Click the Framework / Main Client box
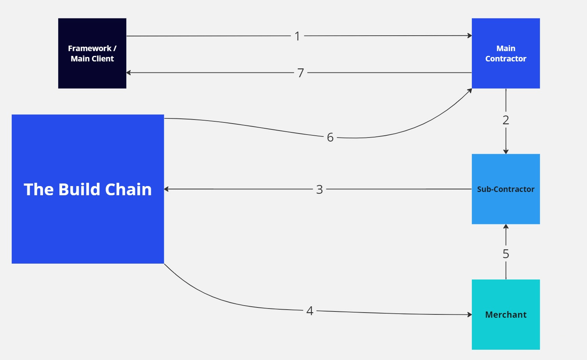tap(92, 53)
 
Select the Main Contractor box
tap(506, 53)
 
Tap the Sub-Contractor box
tap(506, 189)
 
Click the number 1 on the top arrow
tap(297, 36)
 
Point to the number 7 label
tap(301, 73)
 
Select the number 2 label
tap(506, 120)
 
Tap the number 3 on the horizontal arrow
tap(319, 189)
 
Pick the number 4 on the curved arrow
tap(310, 311)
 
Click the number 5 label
tap(506, 254)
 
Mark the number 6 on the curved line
tap(330, 137)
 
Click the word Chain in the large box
tap(128, 189)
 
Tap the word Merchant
tap(506, 315)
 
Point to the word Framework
tap(89, 48)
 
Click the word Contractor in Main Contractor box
tap(506, 58)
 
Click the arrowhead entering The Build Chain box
tap(166, 189)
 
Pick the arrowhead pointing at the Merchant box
tap(470, 315)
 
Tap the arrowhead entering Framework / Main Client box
tap(129, 73)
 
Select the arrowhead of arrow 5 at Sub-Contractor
tap(506, 227)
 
